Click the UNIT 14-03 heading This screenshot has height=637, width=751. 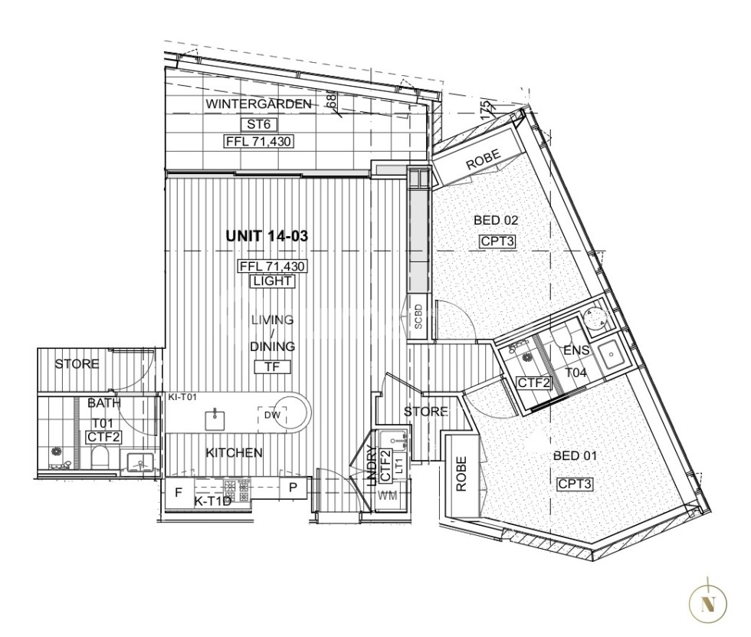pyautogui.click(x=267, y=237)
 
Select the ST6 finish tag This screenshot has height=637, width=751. pyautogui.click(x=259, y=124)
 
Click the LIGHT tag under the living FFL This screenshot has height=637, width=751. pyautogui.click(x=271, y=281)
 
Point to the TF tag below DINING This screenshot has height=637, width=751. pyautogui.click(x=272, y=366)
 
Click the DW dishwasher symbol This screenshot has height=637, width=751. pyautogui.click(x=272, y=415)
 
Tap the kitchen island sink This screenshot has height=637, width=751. pyautogui.click(x=214, y=418)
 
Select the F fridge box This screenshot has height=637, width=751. pyautogui.click(x=179, y=493)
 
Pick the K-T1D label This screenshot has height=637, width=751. pyautogui.click(x=212, y=502)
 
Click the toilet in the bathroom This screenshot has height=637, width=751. pyautogui.click(x=99, y=458)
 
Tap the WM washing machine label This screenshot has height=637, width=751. pyautogui.click(x=389, y=496)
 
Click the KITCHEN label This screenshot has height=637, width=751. pyautogui.click(x=234, y=453)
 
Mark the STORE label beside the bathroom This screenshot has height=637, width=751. pyautogui.click(x=77, y=364)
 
